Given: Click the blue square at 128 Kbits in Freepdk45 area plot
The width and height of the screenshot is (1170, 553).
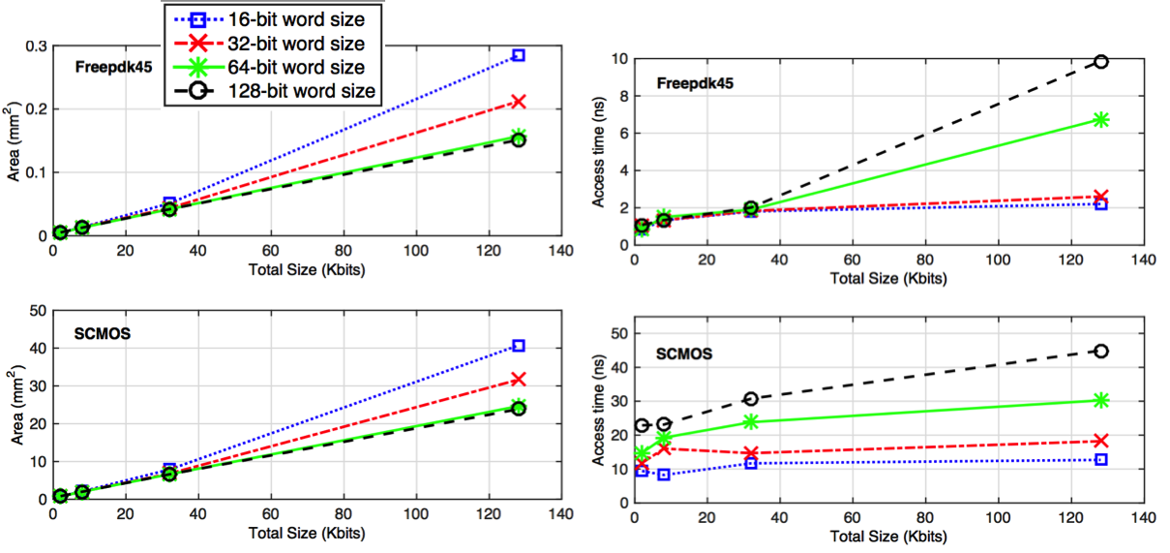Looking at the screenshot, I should pos(519,55).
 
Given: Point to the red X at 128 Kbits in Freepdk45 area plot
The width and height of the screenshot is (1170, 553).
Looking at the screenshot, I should pos(519,101).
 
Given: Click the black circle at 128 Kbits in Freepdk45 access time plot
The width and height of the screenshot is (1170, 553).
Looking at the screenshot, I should pos(1100,61).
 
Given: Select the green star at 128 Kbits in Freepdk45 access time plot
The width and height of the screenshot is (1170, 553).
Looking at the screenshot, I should pos(1100,119).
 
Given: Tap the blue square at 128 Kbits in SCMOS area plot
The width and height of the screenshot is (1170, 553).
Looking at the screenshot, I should pos(519,346).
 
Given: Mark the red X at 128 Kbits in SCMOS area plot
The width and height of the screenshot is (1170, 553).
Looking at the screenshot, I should pos(519,379).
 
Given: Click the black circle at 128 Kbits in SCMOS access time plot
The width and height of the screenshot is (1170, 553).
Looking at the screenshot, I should pos(1100,351).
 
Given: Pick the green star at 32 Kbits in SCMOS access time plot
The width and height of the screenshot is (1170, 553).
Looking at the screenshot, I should pos(751,421).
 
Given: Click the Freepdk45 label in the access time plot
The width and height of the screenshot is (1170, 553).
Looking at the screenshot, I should pos(695,83).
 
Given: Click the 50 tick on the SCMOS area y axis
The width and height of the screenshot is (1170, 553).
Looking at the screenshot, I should pos(39,311).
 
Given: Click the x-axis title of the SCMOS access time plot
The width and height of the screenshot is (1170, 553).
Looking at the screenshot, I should pos(887,536).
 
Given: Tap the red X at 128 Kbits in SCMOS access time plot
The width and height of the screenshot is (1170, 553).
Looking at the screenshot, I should pos(1100,441).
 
